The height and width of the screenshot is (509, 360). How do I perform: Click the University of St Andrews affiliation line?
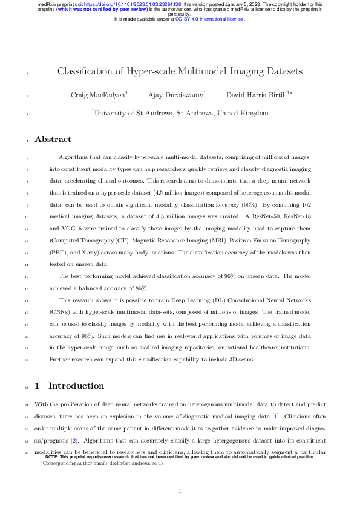[x=180, y=112]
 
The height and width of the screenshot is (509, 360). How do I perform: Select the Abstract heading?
[x=53, y=140]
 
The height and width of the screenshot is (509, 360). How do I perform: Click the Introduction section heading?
[x=76, y=386]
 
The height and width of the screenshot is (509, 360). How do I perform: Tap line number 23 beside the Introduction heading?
[x=28, y=386]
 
